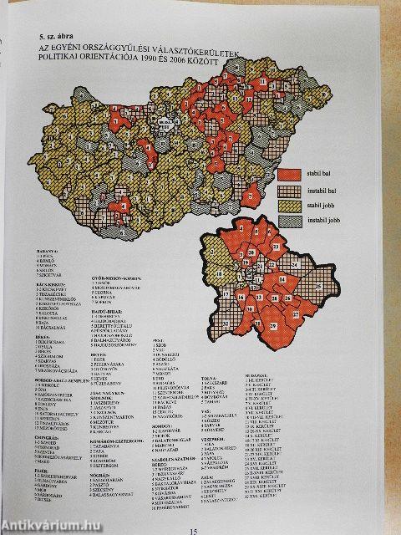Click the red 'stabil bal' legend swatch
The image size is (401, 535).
click(x=290, y=173)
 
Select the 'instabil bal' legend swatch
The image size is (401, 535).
click(x=290, y=191)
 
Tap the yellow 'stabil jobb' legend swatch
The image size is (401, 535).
click(x=290, y=207)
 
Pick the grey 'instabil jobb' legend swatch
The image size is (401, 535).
click(x=290, y=223)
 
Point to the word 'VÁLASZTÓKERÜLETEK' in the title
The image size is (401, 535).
click(x=207, y=51)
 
